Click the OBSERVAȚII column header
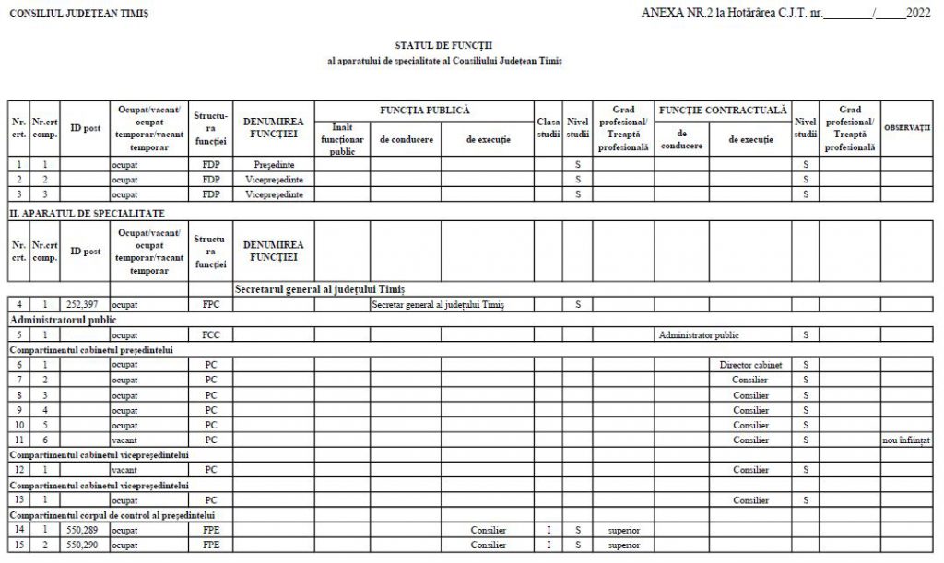tap(907, 127)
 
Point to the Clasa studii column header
tap(549, 128)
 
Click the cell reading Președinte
tap(274, 164)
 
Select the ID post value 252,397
tap(84, 304)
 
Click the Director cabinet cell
tap(750, 365)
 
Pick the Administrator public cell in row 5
tap(699, 334)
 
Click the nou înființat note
tap(907, 440)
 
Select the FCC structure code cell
tap(211, 334)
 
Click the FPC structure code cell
tap(211, 304)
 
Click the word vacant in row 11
tap(124, 440)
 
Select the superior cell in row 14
tap(623, 531)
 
